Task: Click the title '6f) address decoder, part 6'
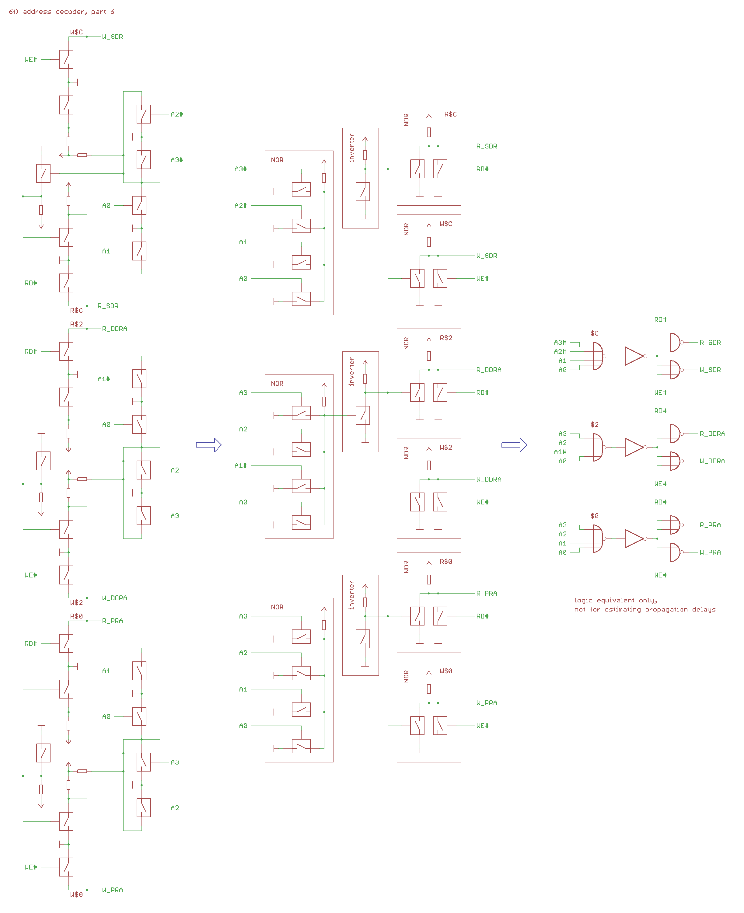click(61, 12)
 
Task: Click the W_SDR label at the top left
click(112, 37)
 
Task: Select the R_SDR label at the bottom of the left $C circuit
click(108, 306)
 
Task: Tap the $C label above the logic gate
click(594, 333)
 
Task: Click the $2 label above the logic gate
click(594, 425)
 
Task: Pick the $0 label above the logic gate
click(594, 516)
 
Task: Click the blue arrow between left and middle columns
click(209, 445)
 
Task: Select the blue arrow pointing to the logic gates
click(514, 445)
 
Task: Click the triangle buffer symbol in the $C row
click(634, 356)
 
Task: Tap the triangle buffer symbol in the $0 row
click(634, 538)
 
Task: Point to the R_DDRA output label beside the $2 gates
click(712, 434)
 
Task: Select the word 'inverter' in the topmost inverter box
click(352, 148)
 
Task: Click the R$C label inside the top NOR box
click(450, 114)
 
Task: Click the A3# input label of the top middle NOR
click(240, 169)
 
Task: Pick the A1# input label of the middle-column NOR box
click(240, 466)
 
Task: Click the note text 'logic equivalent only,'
click(615, 600)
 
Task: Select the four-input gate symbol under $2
click(597, 447)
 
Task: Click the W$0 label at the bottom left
click(76, 894)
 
